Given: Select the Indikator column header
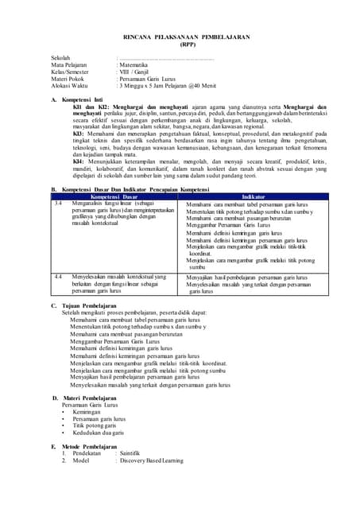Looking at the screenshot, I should click(x=254, y=195).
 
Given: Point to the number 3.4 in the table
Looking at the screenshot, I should click(x=58, y=203).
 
